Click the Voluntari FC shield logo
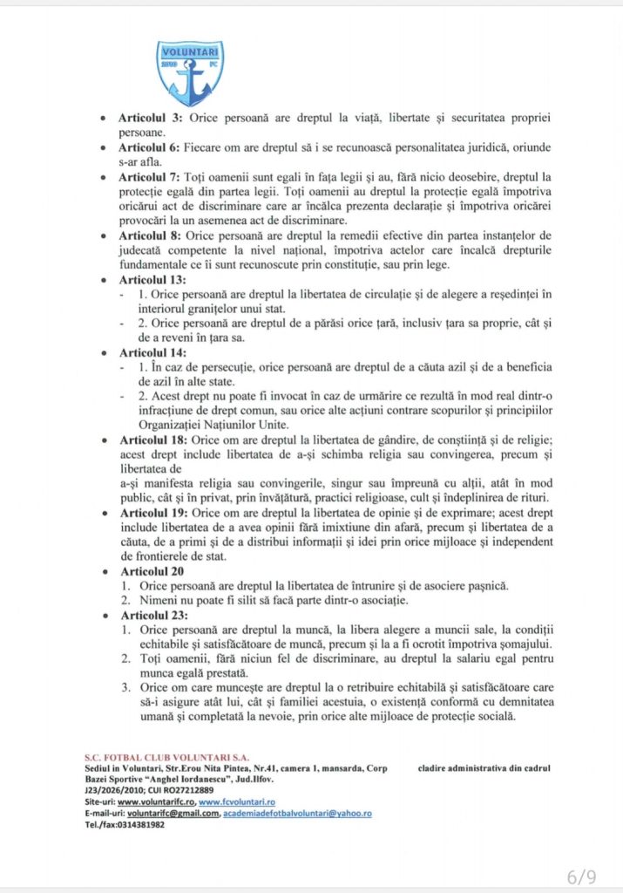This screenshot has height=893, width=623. click(x=190, y=73)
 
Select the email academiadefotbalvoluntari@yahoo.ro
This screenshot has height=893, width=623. click(x=297, y=813)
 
